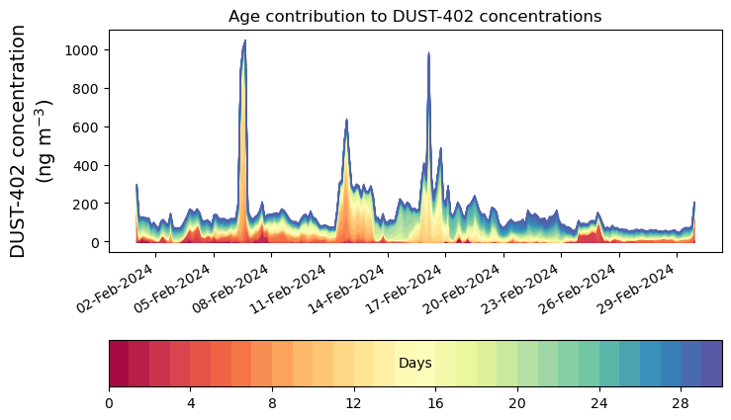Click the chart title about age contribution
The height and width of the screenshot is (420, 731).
click(x=414, y=16)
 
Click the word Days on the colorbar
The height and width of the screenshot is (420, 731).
click(x=414, y=364)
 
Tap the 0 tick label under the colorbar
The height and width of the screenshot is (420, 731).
click(x=109, y=403)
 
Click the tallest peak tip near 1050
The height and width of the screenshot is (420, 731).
click(x=245, y=41)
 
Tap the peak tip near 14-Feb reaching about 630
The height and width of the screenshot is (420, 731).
click(x=346, y=121)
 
